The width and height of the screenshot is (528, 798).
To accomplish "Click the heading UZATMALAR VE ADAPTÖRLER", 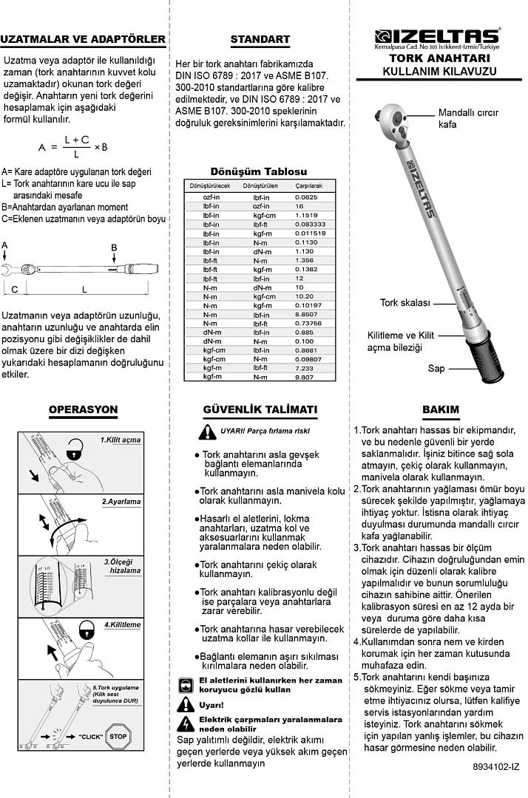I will tap(83, 39).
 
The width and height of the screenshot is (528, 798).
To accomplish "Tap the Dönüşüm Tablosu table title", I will tap(258, 171).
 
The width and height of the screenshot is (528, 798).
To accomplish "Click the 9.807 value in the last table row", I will tap(305, 376).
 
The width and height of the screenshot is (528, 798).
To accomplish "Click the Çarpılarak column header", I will tap(308, 187).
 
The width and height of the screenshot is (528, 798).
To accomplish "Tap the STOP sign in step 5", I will tap(118, 737).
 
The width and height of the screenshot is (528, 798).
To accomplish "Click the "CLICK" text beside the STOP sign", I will tap(90, 737).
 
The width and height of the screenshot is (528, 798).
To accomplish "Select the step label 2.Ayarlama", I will tap(121, 502).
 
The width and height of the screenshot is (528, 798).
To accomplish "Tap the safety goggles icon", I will tap(186, 684).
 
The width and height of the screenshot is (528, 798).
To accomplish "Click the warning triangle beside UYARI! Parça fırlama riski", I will tap(208, 432).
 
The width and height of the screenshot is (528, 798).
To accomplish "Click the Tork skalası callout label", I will tap(405, 303).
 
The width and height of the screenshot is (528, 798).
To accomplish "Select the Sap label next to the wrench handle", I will tap(436, 368).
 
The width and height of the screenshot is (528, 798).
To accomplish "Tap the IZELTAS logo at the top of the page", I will tap(437, 35).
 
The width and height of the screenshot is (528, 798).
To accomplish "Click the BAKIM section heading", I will tap(441, 409).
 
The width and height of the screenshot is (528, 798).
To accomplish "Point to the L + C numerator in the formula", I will tap(76, 139).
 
